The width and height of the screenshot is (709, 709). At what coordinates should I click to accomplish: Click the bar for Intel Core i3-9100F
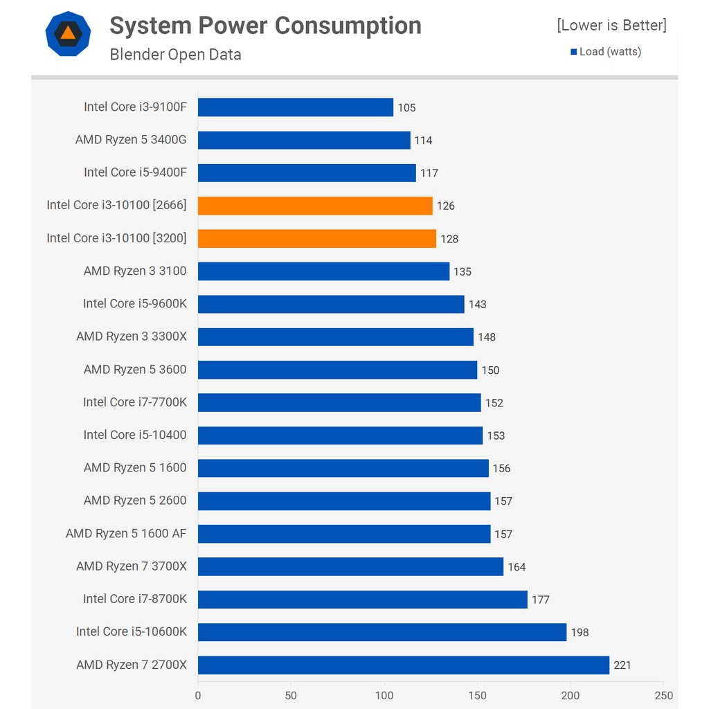pyautogui.click(x=296, y=107)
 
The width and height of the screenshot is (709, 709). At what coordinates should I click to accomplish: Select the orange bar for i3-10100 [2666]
pyautogui.click(x=315, y=206)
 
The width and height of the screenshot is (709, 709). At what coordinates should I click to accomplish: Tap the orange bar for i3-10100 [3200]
pyautogui.click(x=317, y=238)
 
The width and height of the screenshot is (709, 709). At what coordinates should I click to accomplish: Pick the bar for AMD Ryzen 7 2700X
pyautogui.click(x=404, y=665)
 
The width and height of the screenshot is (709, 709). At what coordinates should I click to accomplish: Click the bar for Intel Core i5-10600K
pyautogui.click(x=382, y=632)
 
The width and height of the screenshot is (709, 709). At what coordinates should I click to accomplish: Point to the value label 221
pyautogui.click(x=622, y=665)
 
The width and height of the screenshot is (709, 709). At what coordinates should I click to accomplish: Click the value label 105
pyautogui.click(x=406, y=108)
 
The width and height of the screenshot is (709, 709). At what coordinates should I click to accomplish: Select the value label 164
pyautogui.click(x=517, y=567)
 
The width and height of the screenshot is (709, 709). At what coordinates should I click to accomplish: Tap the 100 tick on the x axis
pyautogui.click(x=384, y=695)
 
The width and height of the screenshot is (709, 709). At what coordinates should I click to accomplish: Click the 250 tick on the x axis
pyautogui.click(x=663, y=695)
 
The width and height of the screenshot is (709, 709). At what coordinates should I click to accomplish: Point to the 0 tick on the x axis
pyautogui.click(x=198, y=695)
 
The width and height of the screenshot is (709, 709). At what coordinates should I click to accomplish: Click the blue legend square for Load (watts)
pyautogui.click(x=574, y=52)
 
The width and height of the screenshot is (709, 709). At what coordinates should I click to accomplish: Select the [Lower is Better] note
pyautogui.click(x=611, y=26)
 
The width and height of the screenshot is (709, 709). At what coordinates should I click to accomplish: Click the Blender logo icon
pyautogui.click(x=68, y=33)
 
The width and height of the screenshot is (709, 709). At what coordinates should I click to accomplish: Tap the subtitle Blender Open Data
pyautogui.click(x=175, y=55)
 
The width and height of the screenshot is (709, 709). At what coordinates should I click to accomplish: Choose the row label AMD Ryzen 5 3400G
pyautogui.click(x=131, y=140)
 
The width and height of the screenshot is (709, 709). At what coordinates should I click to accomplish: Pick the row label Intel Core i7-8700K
pyautogui.click(x=135, y=599)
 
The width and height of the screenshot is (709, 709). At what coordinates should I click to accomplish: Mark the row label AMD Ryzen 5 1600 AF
pyautogui.click(x=126, y=533)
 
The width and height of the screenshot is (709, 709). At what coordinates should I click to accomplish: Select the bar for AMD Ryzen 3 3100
pyautogui.click(x=323, y=271)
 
